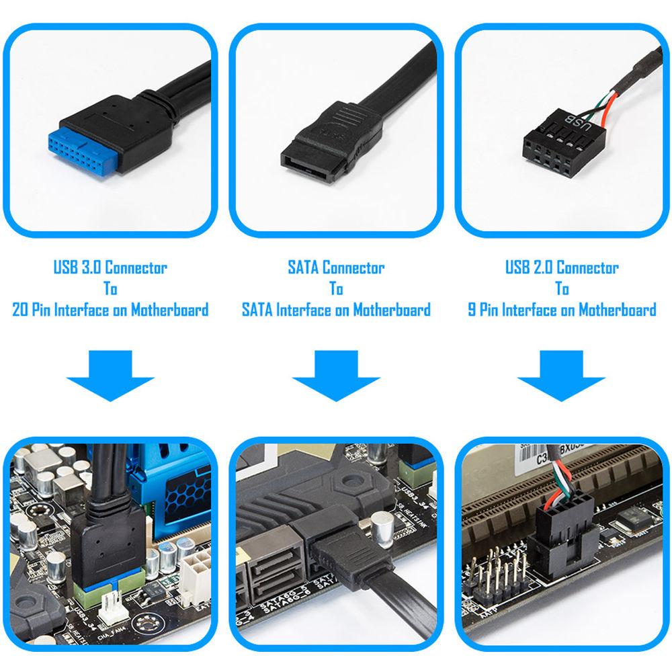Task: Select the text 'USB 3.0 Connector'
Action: [110, 267]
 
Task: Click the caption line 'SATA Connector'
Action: [336, 267]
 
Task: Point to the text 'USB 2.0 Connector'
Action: [562, 267]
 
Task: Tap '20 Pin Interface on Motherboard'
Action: [110, 310]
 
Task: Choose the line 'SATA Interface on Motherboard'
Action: [336, 310]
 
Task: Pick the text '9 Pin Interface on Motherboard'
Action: [562, 310]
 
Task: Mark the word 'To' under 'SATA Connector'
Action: [336, 289]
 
